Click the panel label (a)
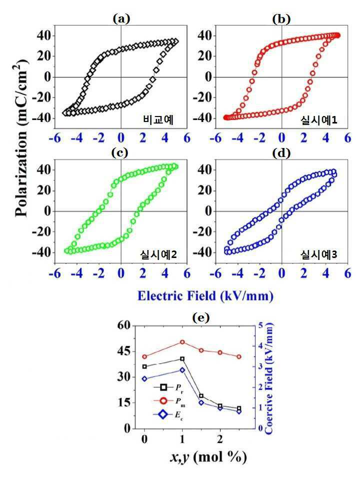(x=121, y=19)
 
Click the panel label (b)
(x=281, y=19)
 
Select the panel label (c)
(x=119, y=153)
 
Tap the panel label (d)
(x=281, y=153)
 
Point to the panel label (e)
(x=201, y=317)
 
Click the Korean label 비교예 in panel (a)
(x=158, y=119)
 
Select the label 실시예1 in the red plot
(x=318, y=120)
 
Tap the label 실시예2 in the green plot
(x=158, y=254)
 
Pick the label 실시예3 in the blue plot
(x=318, y=254)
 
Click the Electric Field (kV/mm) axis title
(x=205, y=296)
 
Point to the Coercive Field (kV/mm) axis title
(x=269, y=378)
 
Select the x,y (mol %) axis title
(x=208, y=456)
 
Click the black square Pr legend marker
(x=163, y=387)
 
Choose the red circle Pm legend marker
(x=163, y=400)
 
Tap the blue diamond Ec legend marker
(x=163, y=414)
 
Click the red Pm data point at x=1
(x=182, y=342)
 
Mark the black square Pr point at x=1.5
(x=201, y=396)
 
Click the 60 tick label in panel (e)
(x=123, y=325)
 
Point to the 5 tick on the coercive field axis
(x=260, y=325)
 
